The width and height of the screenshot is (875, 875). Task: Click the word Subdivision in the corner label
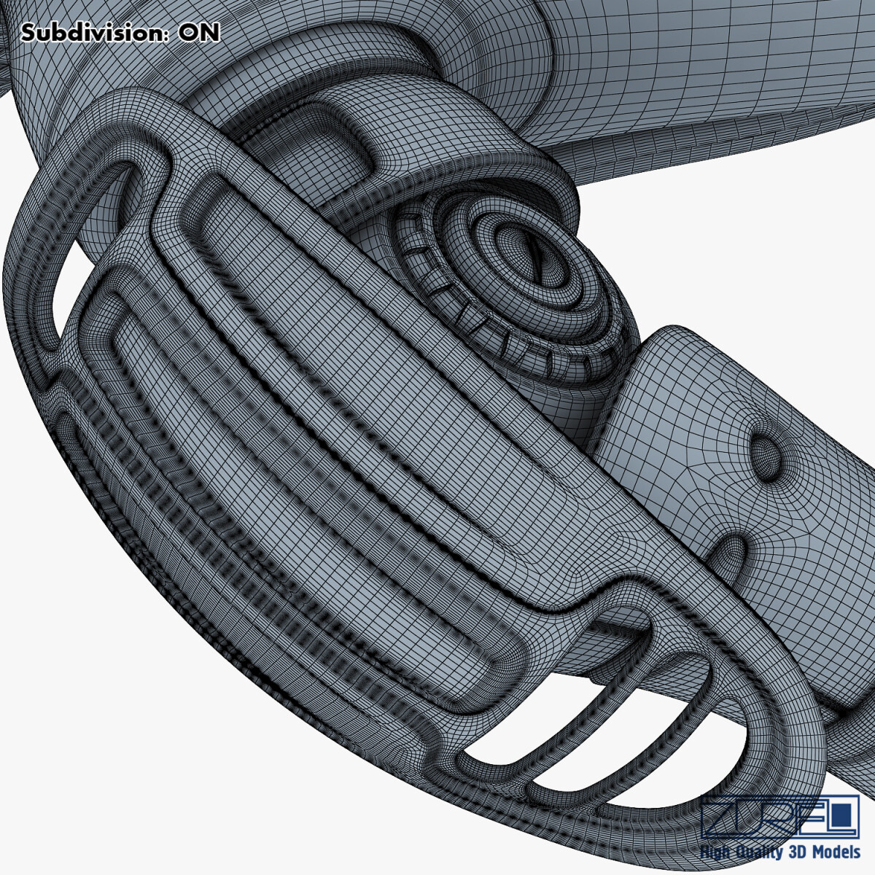(x=95, y=34)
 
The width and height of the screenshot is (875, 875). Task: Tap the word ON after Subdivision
(x=198, y=34)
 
